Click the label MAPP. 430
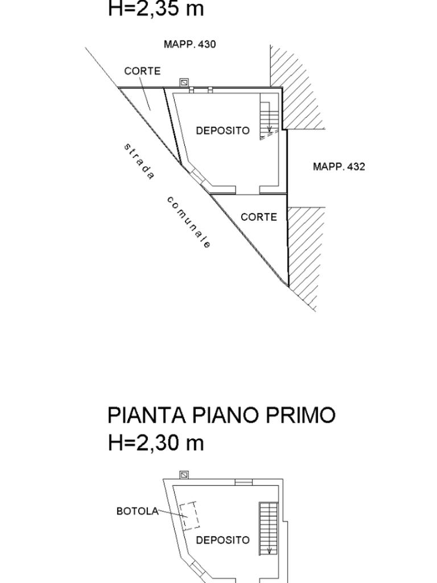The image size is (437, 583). pyautogui.click(x=189, y=44)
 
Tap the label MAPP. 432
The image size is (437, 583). pyautogui.click(x=339, y=166)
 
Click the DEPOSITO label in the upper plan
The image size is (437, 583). pyautogui.click(x=222, y=130)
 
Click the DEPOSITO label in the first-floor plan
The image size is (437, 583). pyautogui.click(x=222, y=540)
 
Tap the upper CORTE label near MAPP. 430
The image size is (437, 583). pyautogui.click(x=142, y=71)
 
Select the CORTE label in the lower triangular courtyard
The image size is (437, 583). pyautogui.click(x=259, y=217)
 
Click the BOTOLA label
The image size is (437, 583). pyautogui.click(x=137, y=511)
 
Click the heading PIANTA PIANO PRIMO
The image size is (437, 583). pyautogui.click(x=221, y=416)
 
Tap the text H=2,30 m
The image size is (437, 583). pyautogui.click(x=155, y=442)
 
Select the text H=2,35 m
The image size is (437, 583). pyautogui.click(x=155, y=9)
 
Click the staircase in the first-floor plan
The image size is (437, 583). pyautogui.click(x=267, y=528)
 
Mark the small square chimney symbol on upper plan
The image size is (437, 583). pyautogui.click(x=184, y=82)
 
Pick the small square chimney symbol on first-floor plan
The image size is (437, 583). pyautogui.click(x=184, y=474)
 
